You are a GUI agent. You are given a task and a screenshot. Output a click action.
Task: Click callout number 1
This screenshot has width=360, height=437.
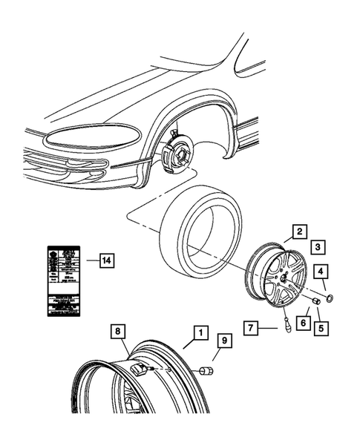(199, 333)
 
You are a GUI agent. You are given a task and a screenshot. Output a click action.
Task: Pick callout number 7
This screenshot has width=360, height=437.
(253, 326)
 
